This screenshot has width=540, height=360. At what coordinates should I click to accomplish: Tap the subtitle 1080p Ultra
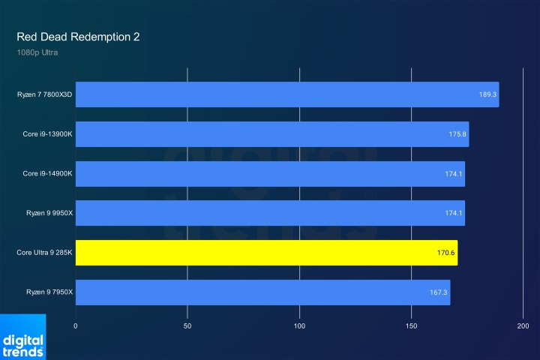pyautogui.click(x=37, y=52)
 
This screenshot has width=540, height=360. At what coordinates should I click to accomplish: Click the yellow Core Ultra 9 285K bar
pyautogui.click(x=266, y=253)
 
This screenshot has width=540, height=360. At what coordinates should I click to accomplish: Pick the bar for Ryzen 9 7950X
pyautogui.click(x=262, y=292)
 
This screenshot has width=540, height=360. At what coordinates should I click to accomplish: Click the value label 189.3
pyautogui.click(x=487, y=95)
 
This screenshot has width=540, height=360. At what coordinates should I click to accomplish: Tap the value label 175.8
pyautogui.click(x=457, y=134)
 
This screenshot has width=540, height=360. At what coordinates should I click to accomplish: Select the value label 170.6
pyautogui.click(x=446, y=253)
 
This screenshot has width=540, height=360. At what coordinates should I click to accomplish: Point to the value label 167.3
pyautogui.click(x=439, y=292)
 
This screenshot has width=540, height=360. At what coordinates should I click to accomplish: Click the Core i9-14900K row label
pyautogui.click(x=47, y=173)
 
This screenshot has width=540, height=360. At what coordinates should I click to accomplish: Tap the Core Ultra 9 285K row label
pyautogui.click(x=44, y=253)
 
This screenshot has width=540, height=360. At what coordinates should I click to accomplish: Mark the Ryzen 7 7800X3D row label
pyautogui.click(x=45, y=95)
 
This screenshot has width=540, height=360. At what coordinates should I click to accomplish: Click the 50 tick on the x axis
pyautogui.click(x=187, y=327)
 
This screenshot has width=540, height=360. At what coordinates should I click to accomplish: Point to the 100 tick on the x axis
pyautogui.click(x=300, y=327)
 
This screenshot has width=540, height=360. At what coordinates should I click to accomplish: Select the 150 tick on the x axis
pyautogui.click(x=412, y=327)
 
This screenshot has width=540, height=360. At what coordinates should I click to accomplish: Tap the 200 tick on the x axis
pyautogui.click(x=523, y=327)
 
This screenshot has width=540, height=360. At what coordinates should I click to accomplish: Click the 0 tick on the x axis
pyautogui.click(x=76, y=327)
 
